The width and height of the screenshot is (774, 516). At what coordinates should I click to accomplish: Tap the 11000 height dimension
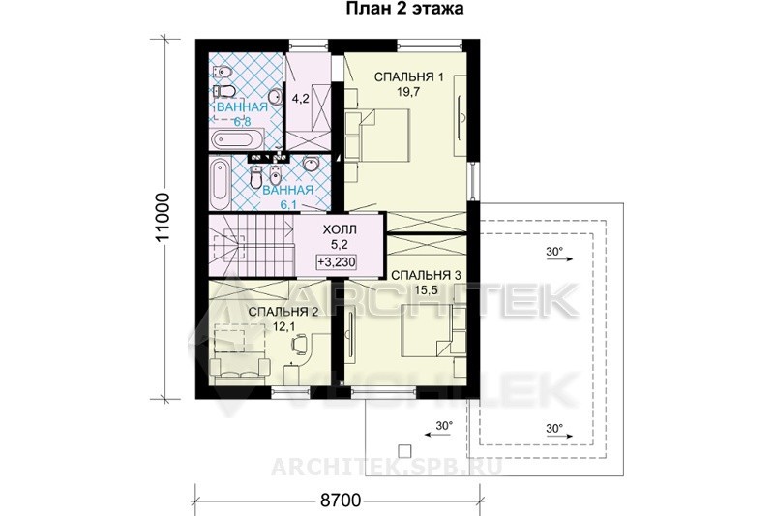[x=163, y=218]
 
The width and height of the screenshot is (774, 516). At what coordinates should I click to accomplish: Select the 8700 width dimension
[x=341, y=501]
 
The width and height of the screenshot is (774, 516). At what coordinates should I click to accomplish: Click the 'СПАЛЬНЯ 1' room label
[x=408, y=77]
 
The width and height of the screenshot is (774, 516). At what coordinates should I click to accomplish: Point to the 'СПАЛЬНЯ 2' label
[x=283, y=312]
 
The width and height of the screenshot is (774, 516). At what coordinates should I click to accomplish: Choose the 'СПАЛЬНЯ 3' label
[x=426, y=276]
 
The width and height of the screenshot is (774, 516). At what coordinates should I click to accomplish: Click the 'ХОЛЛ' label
[x=340, y=229]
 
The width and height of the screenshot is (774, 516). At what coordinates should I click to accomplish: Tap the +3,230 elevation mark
[x=337, y=262]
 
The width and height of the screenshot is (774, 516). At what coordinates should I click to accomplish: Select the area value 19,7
[x=408, y=92]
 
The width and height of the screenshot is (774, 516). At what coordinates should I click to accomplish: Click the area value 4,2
[x=300, y=98]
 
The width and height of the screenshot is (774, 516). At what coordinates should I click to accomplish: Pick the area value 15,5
[x=426, y=290]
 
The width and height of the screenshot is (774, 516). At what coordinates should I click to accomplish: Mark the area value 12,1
[x=283, y=326]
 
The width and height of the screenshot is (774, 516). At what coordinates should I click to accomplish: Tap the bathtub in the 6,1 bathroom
[x=220, y=184]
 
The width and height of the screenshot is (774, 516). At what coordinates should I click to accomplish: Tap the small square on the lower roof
[x=404, y=450]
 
